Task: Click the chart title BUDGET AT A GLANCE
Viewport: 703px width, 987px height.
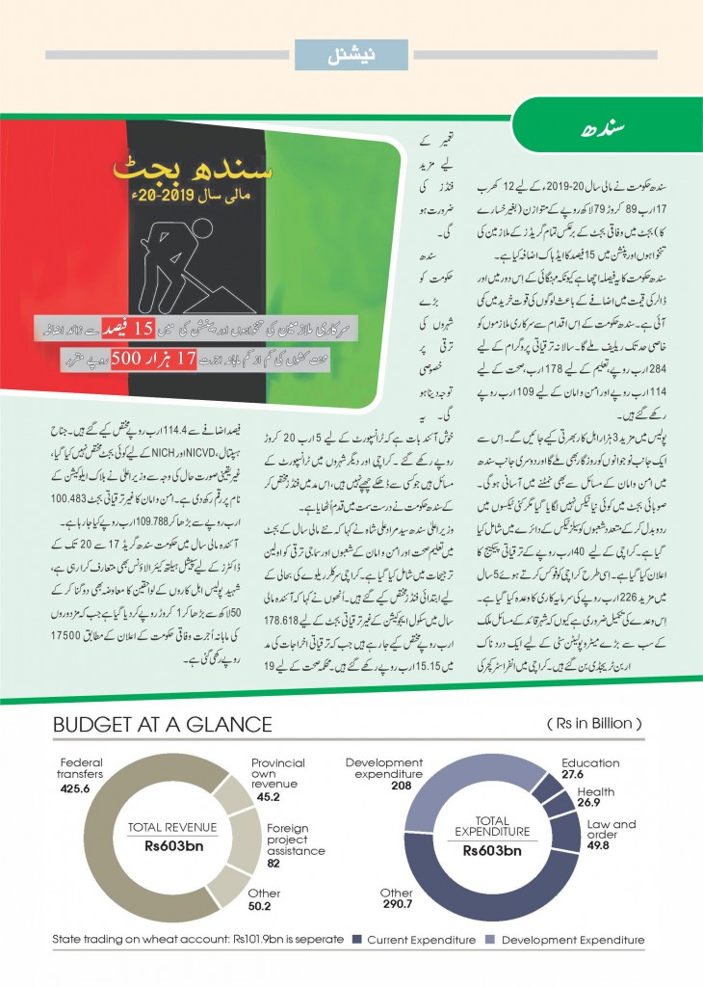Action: [163, 724]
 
